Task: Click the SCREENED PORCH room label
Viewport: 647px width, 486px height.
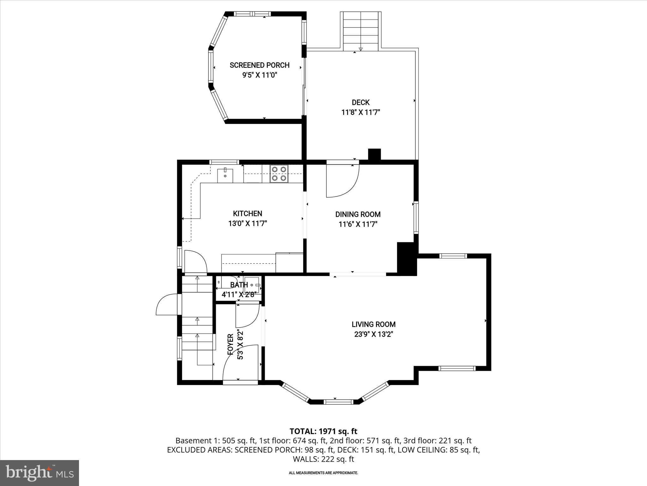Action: point(259,65)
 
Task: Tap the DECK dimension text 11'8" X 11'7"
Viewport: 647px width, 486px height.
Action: point(360,112)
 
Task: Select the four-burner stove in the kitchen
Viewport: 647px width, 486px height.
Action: point(279,174)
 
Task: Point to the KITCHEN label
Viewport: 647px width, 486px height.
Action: point(247,214)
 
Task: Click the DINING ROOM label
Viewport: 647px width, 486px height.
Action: point(358,214)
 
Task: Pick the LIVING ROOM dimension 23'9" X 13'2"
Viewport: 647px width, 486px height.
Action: point(373,334)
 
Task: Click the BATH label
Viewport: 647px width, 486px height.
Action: point(239,285)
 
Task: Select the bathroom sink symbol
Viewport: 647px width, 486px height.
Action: point(252,285)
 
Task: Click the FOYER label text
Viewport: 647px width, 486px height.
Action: point(230,344)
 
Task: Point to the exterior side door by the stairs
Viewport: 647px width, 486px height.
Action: point(167,304)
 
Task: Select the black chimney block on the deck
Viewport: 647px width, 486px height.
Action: point(374,154)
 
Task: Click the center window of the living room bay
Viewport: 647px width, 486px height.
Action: point(338,402)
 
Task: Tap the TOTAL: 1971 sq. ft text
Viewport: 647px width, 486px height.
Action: point(323,431)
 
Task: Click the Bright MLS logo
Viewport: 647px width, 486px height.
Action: point(39,473)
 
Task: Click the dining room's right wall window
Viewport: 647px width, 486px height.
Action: point(416,218)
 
